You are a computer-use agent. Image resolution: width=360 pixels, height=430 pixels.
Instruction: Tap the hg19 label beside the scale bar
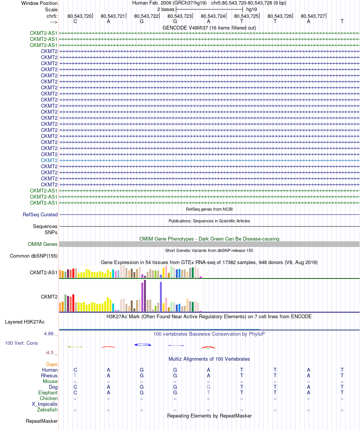[x=252, y=9]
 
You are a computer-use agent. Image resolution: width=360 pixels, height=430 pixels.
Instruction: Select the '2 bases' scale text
[x=166, y=9]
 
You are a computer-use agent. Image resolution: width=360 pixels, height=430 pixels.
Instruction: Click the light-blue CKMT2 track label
[x=49, y=160]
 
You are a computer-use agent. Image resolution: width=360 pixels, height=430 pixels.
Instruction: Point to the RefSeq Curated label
[x=40, y=214]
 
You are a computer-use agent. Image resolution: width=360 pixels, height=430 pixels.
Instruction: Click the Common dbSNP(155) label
[x=34, y=256]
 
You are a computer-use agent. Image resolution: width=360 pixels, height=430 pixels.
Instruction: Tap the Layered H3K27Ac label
[x=25, y=322]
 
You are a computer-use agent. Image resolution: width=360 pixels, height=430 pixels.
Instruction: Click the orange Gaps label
[x=52, y=364]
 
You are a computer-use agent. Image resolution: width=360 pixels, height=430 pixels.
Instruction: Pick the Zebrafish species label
[x=47, y=410]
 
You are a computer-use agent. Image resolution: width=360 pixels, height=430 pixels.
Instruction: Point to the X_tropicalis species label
[x=45, y=404]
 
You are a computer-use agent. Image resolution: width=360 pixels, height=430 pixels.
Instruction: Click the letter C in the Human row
[x=75, y=370]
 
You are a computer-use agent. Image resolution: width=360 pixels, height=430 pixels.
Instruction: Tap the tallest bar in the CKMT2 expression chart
[x=145, y=296]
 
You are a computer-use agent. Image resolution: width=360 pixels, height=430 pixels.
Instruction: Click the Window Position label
[x=39, y=3]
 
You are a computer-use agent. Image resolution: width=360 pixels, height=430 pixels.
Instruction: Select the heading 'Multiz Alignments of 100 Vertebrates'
[x=209, y=359]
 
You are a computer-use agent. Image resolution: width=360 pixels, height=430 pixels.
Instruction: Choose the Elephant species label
[x=48, y=393]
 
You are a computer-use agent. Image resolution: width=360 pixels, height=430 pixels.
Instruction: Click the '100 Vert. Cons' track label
[x=22, y=343]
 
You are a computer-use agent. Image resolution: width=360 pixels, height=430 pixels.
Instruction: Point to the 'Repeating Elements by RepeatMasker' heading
[x=209, y=416]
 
